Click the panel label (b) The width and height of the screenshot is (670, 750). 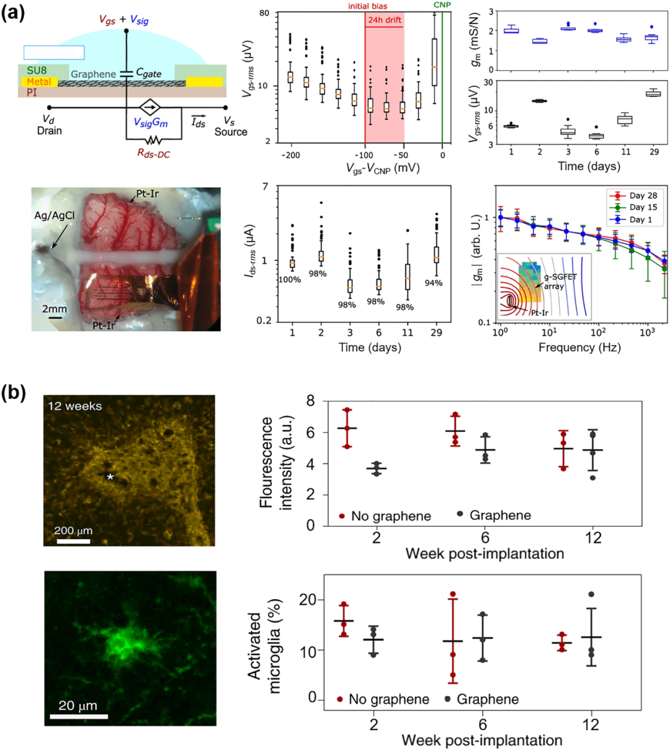pyautogui.click(x=14, y=393)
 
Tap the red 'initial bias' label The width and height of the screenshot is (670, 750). pyautogui.click(x=367, y=6)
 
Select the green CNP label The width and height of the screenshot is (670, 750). pyautogui.click(x=442, y=5)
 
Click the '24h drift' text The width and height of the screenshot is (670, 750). pyautogui.click(x=385, y=20)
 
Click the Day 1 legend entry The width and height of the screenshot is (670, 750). pyautogui.click(x=641, y=219)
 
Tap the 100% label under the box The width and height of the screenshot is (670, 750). pyautogui.click(x=289, y=280)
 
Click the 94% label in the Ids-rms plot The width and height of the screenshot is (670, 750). pyautogui.click(x=434, y=283)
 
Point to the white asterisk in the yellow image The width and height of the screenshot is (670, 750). pyautogui.click(x=110, y=477)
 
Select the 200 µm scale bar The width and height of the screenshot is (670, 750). pyautogui.click(x=73, y=541)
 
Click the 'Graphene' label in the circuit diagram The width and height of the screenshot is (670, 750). pyautogui.click(x=93, y=74)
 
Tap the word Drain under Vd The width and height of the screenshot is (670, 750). pyautogui.click(x=49, y=131)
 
